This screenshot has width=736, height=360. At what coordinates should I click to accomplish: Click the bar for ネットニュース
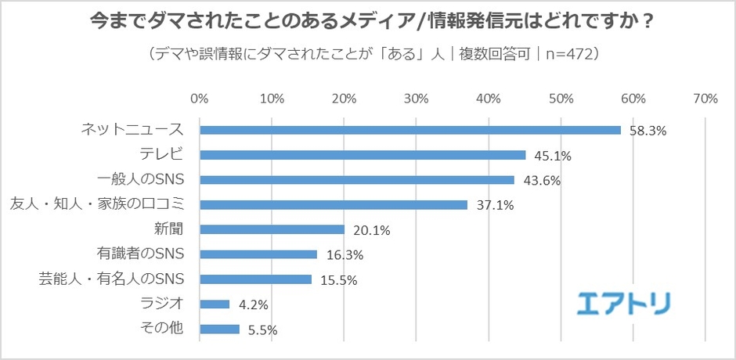pos(410,130)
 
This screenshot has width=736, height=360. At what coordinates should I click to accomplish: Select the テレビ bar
pos(363,155)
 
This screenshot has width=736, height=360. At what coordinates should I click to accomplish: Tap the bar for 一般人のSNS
pos(357,180)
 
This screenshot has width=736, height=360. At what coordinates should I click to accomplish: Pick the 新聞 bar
pos(272,229)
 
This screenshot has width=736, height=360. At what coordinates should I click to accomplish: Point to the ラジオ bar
pos(215,304)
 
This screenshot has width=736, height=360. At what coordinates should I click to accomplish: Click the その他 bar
pos(219,329)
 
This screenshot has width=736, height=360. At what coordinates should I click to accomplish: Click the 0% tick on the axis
pos(200,99)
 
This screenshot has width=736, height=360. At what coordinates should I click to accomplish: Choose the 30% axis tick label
pos(417,99)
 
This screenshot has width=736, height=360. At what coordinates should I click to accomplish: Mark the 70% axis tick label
pos(705,99)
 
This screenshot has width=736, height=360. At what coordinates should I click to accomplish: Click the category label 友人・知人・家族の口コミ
pos(97,204)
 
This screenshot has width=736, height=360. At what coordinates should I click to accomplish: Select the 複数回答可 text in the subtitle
pos(492,54)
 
